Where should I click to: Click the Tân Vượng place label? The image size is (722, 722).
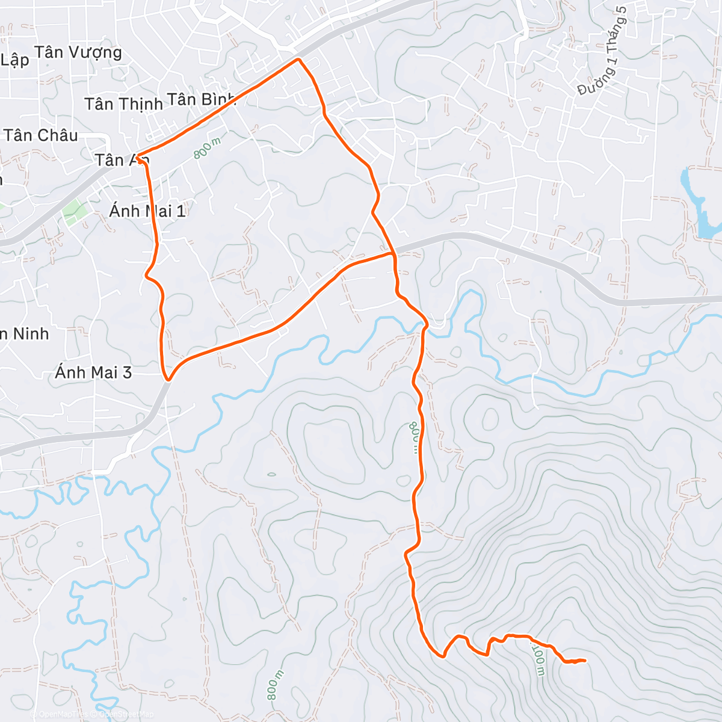click(78, 52)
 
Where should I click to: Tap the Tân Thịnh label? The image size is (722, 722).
click(123, 104)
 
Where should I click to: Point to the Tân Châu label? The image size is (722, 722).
click(41, 135)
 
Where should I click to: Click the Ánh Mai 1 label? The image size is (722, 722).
click(147, 211)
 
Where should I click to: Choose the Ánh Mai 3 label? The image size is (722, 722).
click(93, 372)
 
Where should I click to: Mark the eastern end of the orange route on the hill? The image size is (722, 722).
click(584, 660)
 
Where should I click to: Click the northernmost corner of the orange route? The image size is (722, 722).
click(298, 59)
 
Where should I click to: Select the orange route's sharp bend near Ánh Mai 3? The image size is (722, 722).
click(168, 380)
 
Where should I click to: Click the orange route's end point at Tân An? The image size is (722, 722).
click(138, 158)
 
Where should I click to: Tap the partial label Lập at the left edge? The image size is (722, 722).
click(14, 60)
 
